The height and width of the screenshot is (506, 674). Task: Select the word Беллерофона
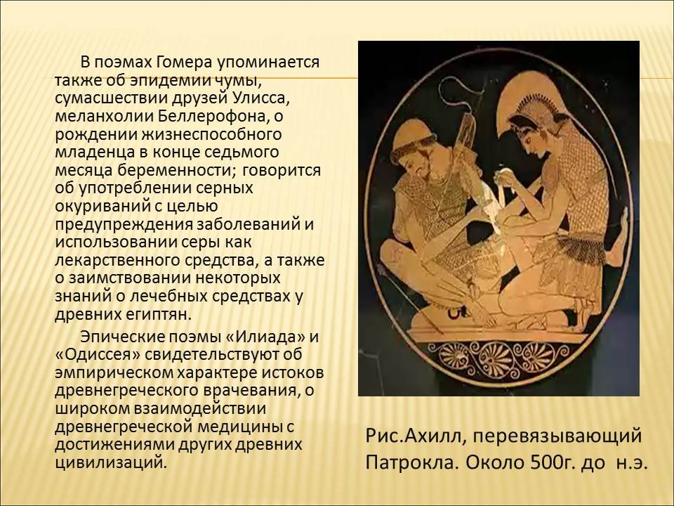coord(216,116)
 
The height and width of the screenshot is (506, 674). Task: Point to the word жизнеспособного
coord(211,135)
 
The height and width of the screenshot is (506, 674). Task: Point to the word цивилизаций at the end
coord(110,462)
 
